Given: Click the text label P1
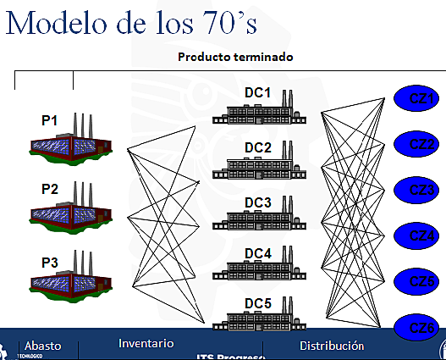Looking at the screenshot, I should click(x=50, y=121).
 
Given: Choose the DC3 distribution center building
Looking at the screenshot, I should click(x=257, y=221).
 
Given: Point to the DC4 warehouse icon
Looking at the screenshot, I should click(x=257, y=269).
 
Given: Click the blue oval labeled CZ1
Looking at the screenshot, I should click(x=420, y=100).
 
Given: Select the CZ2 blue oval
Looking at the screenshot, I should click(x=421, y=142).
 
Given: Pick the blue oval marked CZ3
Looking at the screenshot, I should click(x=421, y=188).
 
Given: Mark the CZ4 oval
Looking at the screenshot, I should click(x=421, y=234).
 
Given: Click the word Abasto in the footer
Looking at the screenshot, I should click(x=43, y=346).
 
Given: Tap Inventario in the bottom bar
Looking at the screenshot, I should click(x=146, y=343).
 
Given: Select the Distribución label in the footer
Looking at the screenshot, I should click(x=332, y=346).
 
